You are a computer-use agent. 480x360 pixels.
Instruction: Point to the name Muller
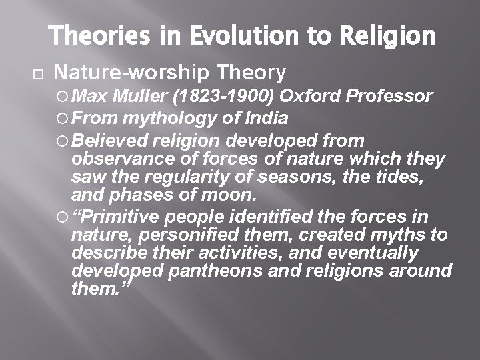click(x=141, y=97)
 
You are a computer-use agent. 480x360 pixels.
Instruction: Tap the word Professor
click(x=390, y=97)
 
